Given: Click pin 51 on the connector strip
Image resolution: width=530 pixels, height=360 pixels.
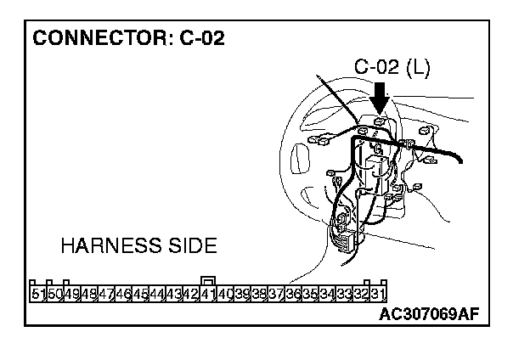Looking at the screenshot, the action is click(37, 294).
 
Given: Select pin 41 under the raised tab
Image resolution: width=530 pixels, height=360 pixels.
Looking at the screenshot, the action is click(207, 294).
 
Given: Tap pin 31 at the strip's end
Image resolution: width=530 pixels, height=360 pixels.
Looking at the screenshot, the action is click(379, 294).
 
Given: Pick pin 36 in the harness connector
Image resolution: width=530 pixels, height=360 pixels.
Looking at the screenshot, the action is click(293, 294).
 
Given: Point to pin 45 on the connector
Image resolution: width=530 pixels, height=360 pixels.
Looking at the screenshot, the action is click(140, 294).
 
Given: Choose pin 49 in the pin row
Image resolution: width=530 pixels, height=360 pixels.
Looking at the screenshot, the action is click(71, 294).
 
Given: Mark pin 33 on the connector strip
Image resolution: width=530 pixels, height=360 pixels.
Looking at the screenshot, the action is click(344, 294).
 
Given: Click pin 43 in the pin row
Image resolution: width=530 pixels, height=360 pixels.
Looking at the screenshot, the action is click(174, 294).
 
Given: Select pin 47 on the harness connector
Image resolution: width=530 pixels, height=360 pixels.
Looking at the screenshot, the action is click(106, 294).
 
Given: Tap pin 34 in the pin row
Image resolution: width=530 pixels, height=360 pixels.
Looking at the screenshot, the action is click(327, 294).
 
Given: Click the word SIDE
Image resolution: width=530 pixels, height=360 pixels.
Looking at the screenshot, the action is click(189, 246).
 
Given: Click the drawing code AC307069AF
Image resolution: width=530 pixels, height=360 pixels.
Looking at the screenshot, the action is click(430, 315).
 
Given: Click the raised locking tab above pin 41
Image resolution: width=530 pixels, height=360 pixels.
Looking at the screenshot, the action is click(207, 280).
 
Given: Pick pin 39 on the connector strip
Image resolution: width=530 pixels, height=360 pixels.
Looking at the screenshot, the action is click(242, 294).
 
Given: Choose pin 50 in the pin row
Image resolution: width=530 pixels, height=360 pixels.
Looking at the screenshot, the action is click(54, 294).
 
